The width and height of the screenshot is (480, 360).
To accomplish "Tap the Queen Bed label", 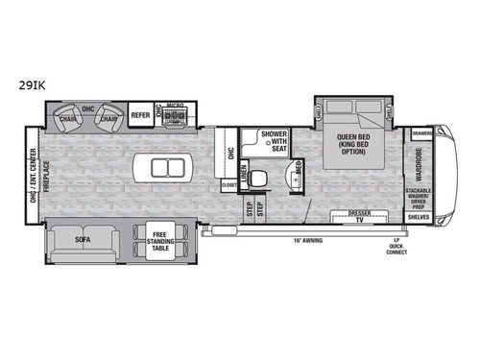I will [x=354, y=142].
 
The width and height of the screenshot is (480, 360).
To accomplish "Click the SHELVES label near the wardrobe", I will [x=418, y=217].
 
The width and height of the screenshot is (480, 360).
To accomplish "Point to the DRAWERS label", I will [x=421, y=132].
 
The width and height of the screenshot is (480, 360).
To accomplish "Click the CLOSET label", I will [x=229, y=184].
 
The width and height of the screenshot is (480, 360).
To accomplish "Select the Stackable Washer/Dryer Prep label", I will [x=420, y=199].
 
